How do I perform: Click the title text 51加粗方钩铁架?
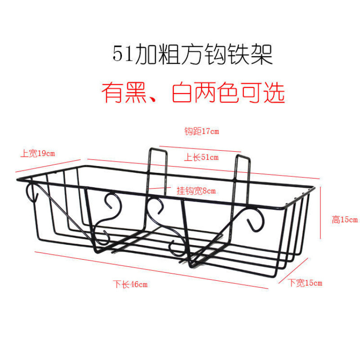(x=193, y=55)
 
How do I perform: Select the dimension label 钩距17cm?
(x=201, y=131)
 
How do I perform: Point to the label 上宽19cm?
(x=37, y=153)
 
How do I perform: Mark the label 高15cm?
(x=344, y=220)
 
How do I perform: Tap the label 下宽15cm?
(x=306, y=283)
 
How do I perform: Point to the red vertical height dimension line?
(x=320, y=214)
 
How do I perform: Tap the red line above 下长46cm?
(x=153, y=270)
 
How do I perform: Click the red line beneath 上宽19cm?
(x=47, y=166)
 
